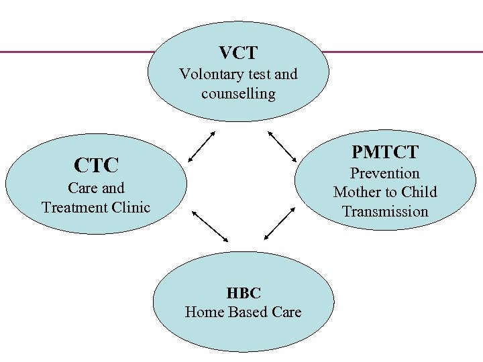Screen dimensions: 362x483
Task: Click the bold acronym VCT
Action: (238, 52)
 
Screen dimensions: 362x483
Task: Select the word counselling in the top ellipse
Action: (238, 93)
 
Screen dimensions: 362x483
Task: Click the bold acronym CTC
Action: (96, 164)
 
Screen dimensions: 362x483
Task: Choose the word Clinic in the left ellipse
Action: (130, 207)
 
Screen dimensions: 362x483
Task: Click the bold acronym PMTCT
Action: (384, 152)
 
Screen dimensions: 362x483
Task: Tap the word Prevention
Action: (384, 174)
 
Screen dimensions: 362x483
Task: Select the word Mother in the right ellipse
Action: (357, 192)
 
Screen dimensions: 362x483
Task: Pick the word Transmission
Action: (384, 212)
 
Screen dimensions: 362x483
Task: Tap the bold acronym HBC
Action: (243, 293)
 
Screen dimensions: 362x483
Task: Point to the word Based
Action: (248, 312)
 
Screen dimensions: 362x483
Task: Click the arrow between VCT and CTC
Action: (201, 146)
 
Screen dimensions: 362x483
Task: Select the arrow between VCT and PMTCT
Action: (282, 145)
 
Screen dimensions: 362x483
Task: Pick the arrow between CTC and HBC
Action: (211, 226)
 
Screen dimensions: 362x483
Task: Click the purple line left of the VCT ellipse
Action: (74, 52)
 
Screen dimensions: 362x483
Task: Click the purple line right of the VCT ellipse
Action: (402, 52)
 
